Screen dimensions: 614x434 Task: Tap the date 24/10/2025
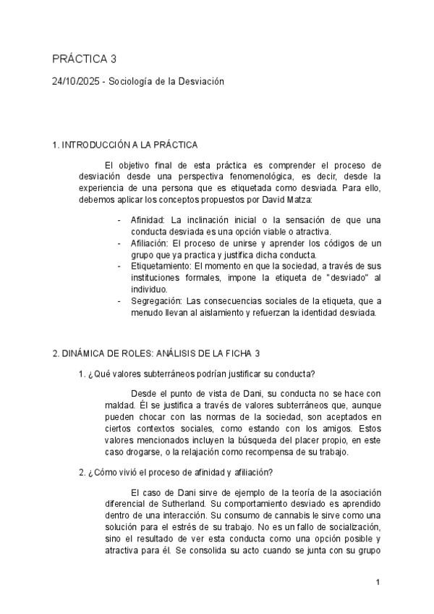tap(76, 82)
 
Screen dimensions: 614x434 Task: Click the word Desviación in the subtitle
tap(199, 82)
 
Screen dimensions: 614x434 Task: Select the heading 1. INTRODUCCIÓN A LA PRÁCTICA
tap(125, 146)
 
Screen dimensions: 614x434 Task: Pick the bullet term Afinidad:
tap(148, 219)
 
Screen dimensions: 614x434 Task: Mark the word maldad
tap(121, 405)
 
